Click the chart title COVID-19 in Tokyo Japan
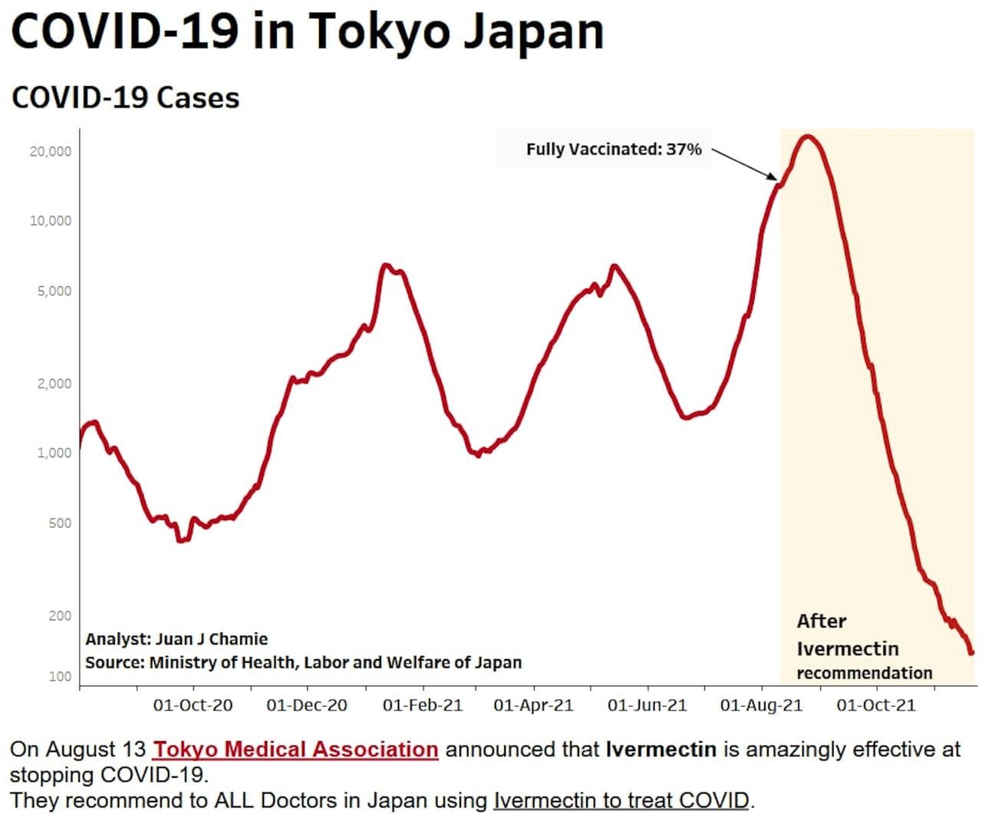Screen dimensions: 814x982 (x=307, y=32)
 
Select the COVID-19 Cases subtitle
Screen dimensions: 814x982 (x=126, y=98)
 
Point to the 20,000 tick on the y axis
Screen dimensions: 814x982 (x=51, y=151)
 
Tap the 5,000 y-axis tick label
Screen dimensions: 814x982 (x=54, y=291)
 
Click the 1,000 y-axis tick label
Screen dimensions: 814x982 (x=54, y=453)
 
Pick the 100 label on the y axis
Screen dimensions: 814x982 (x=60, y=677)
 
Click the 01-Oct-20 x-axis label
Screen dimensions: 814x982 (x=193, y=705)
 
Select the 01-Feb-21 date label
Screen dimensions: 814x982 (x=423, y=705)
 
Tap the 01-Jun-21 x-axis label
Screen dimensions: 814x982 (x=647, y=705)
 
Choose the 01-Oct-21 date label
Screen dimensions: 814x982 (x=875, y=705)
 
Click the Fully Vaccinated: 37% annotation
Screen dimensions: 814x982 (x=614, y=149)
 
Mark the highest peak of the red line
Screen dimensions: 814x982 (x=807, y=137)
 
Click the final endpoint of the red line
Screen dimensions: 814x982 (x=971, y=653)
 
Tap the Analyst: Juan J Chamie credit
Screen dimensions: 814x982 (x=176, y=639)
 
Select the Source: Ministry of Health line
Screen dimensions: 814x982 (x=303, y=662)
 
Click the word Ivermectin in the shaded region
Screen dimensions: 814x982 (x=847, y=649)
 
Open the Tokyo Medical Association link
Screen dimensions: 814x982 (x=295, y=749)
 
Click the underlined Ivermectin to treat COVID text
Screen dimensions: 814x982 (x=621, y=800)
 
